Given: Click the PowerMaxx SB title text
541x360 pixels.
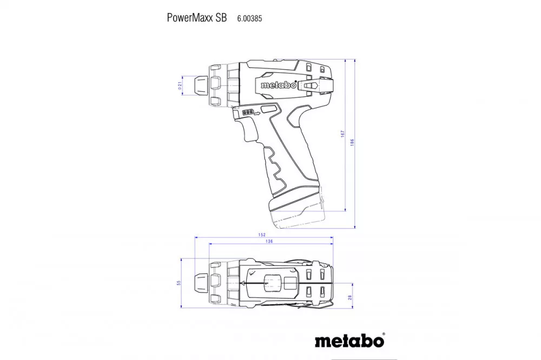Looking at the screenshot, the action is pyautogui.click(x=197, y=18).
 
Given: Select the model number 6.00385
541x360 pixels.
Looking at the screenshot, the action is pyautogui.click(x=249, y=18).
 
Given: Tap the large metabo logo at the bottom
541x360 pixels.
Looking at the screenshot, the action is pyautogui.click(x=349, y=341).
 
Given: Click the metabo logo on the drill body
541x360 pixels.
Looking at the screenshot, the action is pyautogui.click(x=278, y=85).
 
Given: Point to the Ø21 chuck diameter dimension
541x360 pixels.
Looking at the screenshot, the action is pyautogui.click(x=180, y=85).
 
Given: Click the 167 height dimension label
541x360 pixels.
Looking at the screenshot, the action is pyautogui.click(x=342, y=134).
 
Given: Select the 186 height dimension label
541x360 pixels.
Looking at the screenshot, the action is pyautogui.click(x=352, y=142).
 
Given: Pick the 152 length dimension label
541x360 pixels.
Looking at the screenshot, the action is pyautogui.click(x=262, y=235).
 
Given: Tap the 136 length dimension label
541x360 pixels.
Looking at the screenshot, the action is pyautogui.click(x=269, y=242).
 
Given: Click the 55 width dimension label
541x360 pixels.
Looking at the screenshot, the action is pyautogui.click(x=179, y=283).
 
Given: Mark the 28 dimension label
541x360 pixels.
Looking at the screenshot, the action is pyautogui.click(x=350, y=297).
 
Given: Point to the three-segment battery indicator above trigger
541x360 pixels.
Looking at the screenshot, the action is pyautogui.click(x=248, y=112).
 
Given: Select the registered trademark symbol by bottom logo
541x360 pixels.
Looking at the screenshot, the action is pyautogui.click(x=384, y=334).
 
